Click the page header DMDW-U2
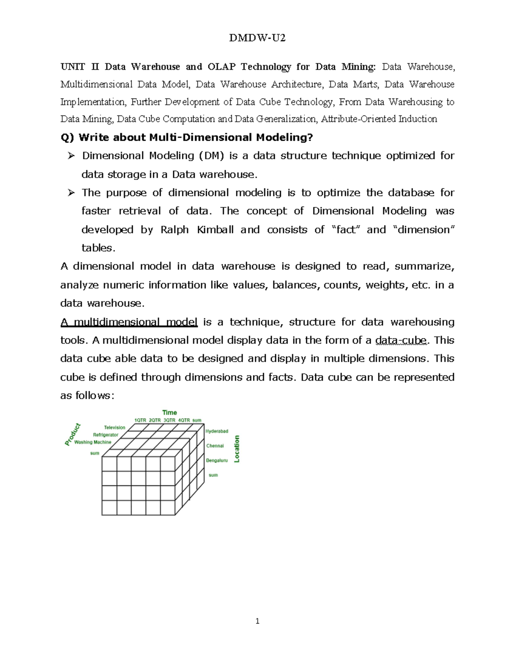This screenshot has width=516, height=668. tap(257, 38)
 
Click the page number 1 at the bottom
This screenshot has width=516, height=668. tap(257, 621)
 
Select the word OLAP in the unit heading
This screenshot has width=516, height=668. tap(221, 67)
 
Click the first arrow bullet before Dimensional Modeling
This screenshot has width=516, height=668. tap(71, 155)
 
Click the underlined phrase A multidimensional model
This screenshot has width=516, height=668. tap(129, 322)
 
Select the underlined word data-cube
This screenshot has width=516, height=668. tap(401, 341)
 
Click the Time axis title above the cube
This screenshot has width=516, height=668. tap(169, 412)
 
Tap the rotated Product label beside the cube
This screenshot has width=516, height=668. tap(73, 434)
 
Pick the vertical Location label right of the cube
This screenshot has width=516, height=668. tap(236, 449)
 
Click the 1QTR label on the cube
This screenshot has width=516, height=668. tap(140, 420)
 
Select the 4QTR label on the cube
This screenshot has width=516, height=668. tap(184, 420)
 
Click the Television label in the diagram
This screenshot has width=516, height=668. tap(114, 428)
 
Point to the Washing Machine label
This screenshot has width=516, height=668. tap(92, 442)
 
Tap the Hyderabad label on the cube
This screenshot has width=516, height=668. tap(217, 431)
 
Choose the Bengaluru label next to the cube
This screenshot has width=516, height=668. tap(217, 460)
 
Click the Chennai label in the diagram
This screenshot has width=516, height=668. tap(215, 446)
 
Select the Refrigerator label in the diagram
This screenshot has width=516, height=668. tap(106, 435)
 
